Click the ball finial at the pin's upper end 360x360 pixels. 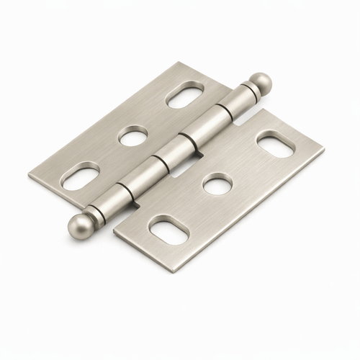261,81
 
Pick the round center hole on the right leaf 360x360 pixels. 217,185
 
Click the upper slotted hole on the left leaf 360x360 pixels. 185,95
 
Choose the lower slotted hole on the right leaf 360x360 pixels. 168,230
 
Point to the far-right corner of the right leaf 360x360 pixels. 323,151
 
